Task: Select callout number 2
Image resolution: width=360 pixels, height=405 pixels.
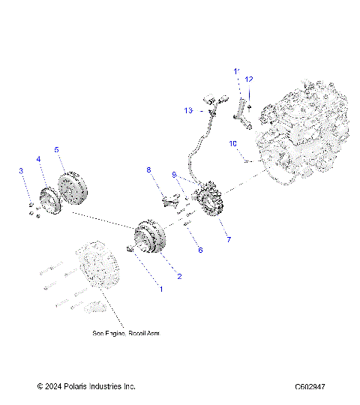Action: point(179,276)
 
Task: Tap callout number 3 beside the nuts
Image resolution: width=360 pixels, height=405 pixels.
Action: point(21,172)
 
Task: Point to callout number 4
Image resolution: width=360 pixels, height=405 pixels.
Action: point(38,159)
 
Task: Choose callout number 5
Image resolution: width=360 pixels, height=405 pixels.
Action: point(56,150)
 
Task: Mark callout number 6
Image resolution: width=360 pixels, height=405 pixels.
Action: point(199,250)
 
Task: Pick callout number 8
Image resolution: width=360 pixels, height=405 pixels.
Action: point(148,170)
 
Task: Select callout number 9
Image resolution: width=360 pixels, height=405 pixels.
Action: point(174,175)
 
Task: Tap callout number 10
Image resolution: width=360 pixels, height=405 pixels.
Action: point(233,142)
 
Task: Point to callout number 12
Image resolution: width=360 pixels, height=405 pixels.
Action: point(250,79)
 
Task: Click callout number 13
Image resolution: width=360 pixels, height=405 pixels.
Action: point(189,110)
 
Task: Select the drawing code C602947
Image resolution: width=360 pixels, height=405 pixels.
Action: point(315,387)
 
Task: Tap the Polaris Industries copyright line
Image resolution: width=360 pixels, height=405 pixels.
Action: point(86,387)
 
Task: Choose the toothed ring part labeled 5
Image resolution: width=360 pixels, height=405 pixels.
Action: point(72,186)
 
